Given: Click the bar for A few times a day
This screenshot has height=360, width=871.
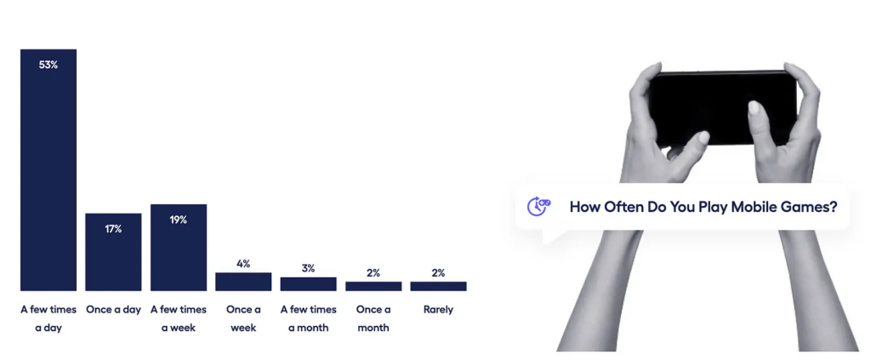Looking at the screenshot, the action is pyautogui.click(x=48, y=170).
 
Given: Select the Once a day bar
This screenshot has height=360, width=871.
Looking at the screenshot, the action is pyautogui.click(x=113, y=252).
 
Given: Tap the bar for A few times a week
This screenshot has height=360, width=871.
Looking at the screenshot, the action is pyautogui.click(x=179, y=247).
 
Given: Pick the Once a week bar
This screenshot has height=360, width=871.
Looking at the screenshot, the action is pyautogui.click(x=243, y=282).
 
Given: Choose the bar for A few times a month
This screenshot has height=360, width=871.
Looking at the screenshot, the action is pyautogui.click(x=308, y=284).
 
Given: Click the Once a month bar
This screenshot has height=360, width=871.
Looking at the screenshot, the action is pyautogui.click(x=373, y=286).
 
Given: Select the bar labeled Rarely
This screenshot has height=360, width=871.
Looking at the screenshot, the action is pyautogui.click(x=438, y=286).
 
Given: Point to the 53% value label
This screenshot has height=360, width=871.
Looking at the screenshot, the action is pyautogui.click(x=48, y=65).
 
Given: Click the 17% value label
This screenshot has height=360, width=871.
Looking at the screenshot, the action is pyautogui.click(x=113, y=229).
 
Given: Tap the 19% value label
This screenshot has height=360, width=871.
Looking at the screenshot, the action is pyautogui.click(x=179, y=220).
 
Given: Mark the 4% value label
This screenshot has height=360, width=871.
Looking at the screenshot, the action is pyautogui.click(x=243, y=264).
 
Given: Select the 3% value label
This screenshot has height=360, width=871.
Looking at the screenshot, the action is pyautogui.click(x=308, y=268).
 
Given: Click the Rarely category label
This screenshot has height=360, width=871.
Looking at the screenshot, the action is pyautogui.click(x=438, y=310).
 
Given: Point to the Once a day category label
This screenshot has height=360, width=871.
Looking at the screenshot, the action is pyautogui.click(x=113, y=310).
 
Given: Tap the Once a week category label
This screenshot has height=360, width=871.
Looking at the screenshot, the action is pyautogui.click(x=243, y=318).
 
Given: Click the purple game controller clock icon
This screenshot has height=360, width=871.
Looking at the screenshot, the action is pyautogui.click(x=538, y=207).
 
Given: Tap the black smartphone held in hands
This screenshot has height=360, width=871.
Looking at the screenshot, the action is pyautogui.click(x=723, y=108).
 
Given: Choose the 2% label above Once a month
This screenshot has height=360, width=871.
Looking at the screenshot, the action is pyautogui.click(x=373, y=273).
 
